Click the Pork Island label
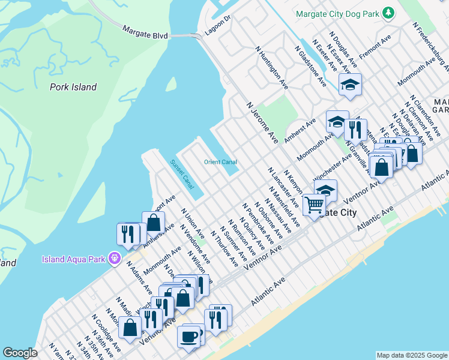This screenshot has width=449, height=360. coord(73,87)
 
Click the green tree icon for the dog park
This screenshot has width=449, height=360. coord(389,13)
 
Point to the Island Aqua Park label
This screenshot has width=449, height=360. coord(74,259)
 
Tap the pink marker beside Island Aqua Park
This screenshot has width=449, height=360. coord(115,259)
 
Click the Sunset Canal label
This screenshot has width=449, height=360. coord(181,172)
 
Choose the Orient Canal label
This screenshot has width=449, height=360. coord(220,162)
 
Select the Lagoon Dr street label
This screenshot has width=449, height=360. coord(217,26)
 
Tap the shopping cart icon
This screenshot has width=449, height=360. coord(314,205)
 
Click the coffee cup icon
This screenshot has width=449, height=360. coord(190,336)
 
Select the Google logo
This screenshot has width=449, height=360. coord(20,353)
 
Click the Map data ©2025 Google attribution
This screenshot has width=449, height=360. coord(411,355)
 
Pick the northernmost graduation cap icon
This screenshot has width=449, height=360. coord(350,85)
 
